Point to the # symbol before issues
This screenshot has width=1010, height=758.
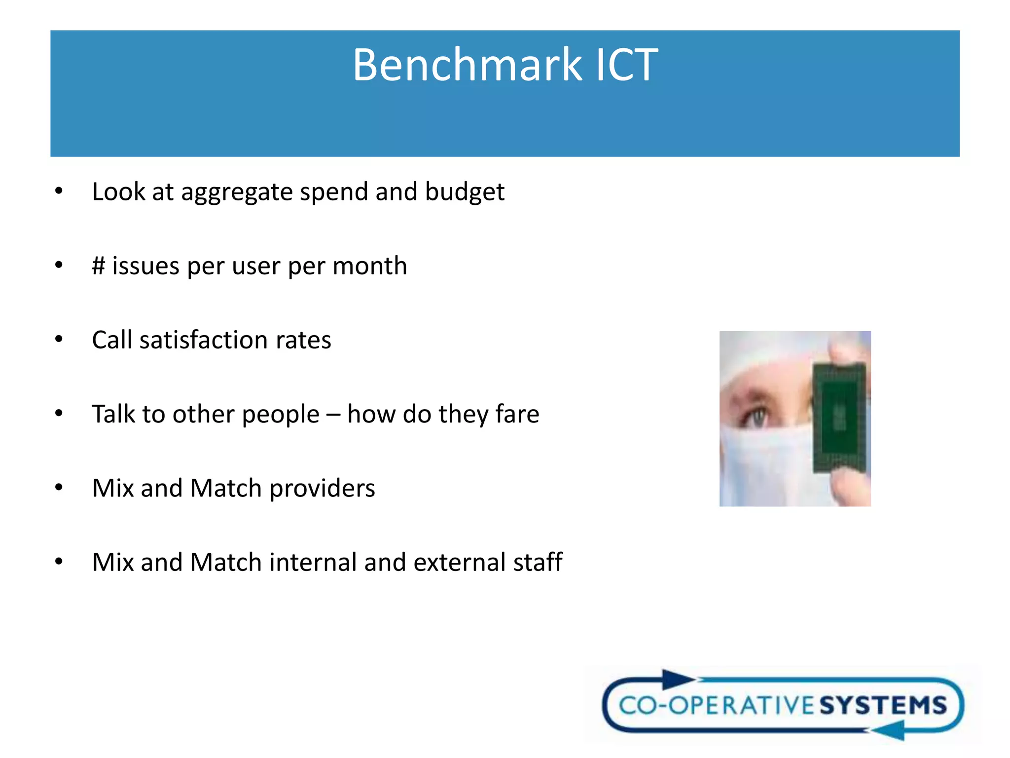pyautogui.click(x=99, y=266)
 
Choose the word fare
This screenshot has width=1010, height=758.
pyautogui.click(x=517, y=414)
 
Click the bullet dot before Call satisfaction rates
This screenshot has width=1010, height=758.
pyautogui.click(x=59, y=340)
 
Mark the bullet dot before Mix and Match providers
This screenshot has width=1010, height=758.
pyautogui.click(x=59, y=488)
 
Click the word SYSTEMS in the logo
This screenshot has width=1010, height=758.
pyautogui.click(x=883, y=705)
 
